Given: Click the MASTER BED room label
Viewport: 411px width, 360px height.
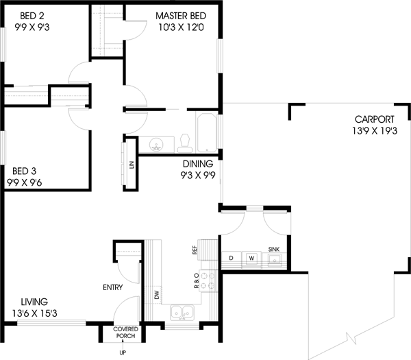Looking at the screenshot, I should (180, 15).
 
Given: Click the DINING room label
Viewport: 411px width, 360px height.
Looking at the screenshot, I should (197, 164).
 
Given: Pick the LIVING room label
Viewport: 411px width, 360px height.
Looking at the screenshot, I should (34, 301).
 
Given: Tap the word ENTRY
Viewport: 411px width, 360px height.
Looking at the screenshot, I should (113, 287).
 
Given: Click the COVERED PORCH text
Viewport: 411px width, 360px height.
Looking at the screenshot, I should (125, 333).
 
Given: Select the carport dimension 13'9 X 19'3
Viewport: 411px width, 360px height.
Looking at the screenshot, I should (375, 130).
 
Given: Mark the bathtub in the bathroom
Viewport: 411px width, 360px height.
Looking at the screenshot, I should (206, 134).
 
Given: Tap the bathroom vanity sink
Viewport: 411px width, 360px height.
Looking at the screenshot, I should (157, 145).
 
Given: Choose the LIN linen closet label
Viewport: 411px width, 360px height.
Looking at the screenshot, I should (131, 165).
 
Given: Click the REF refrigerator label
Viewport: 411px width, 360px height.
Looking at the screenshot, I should (196, 251).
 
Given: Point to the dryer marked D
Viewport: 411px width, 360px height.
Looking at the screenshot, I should (231, 258).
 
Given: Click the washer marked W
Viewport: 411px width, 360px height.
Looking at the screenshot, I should (251, 258).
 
